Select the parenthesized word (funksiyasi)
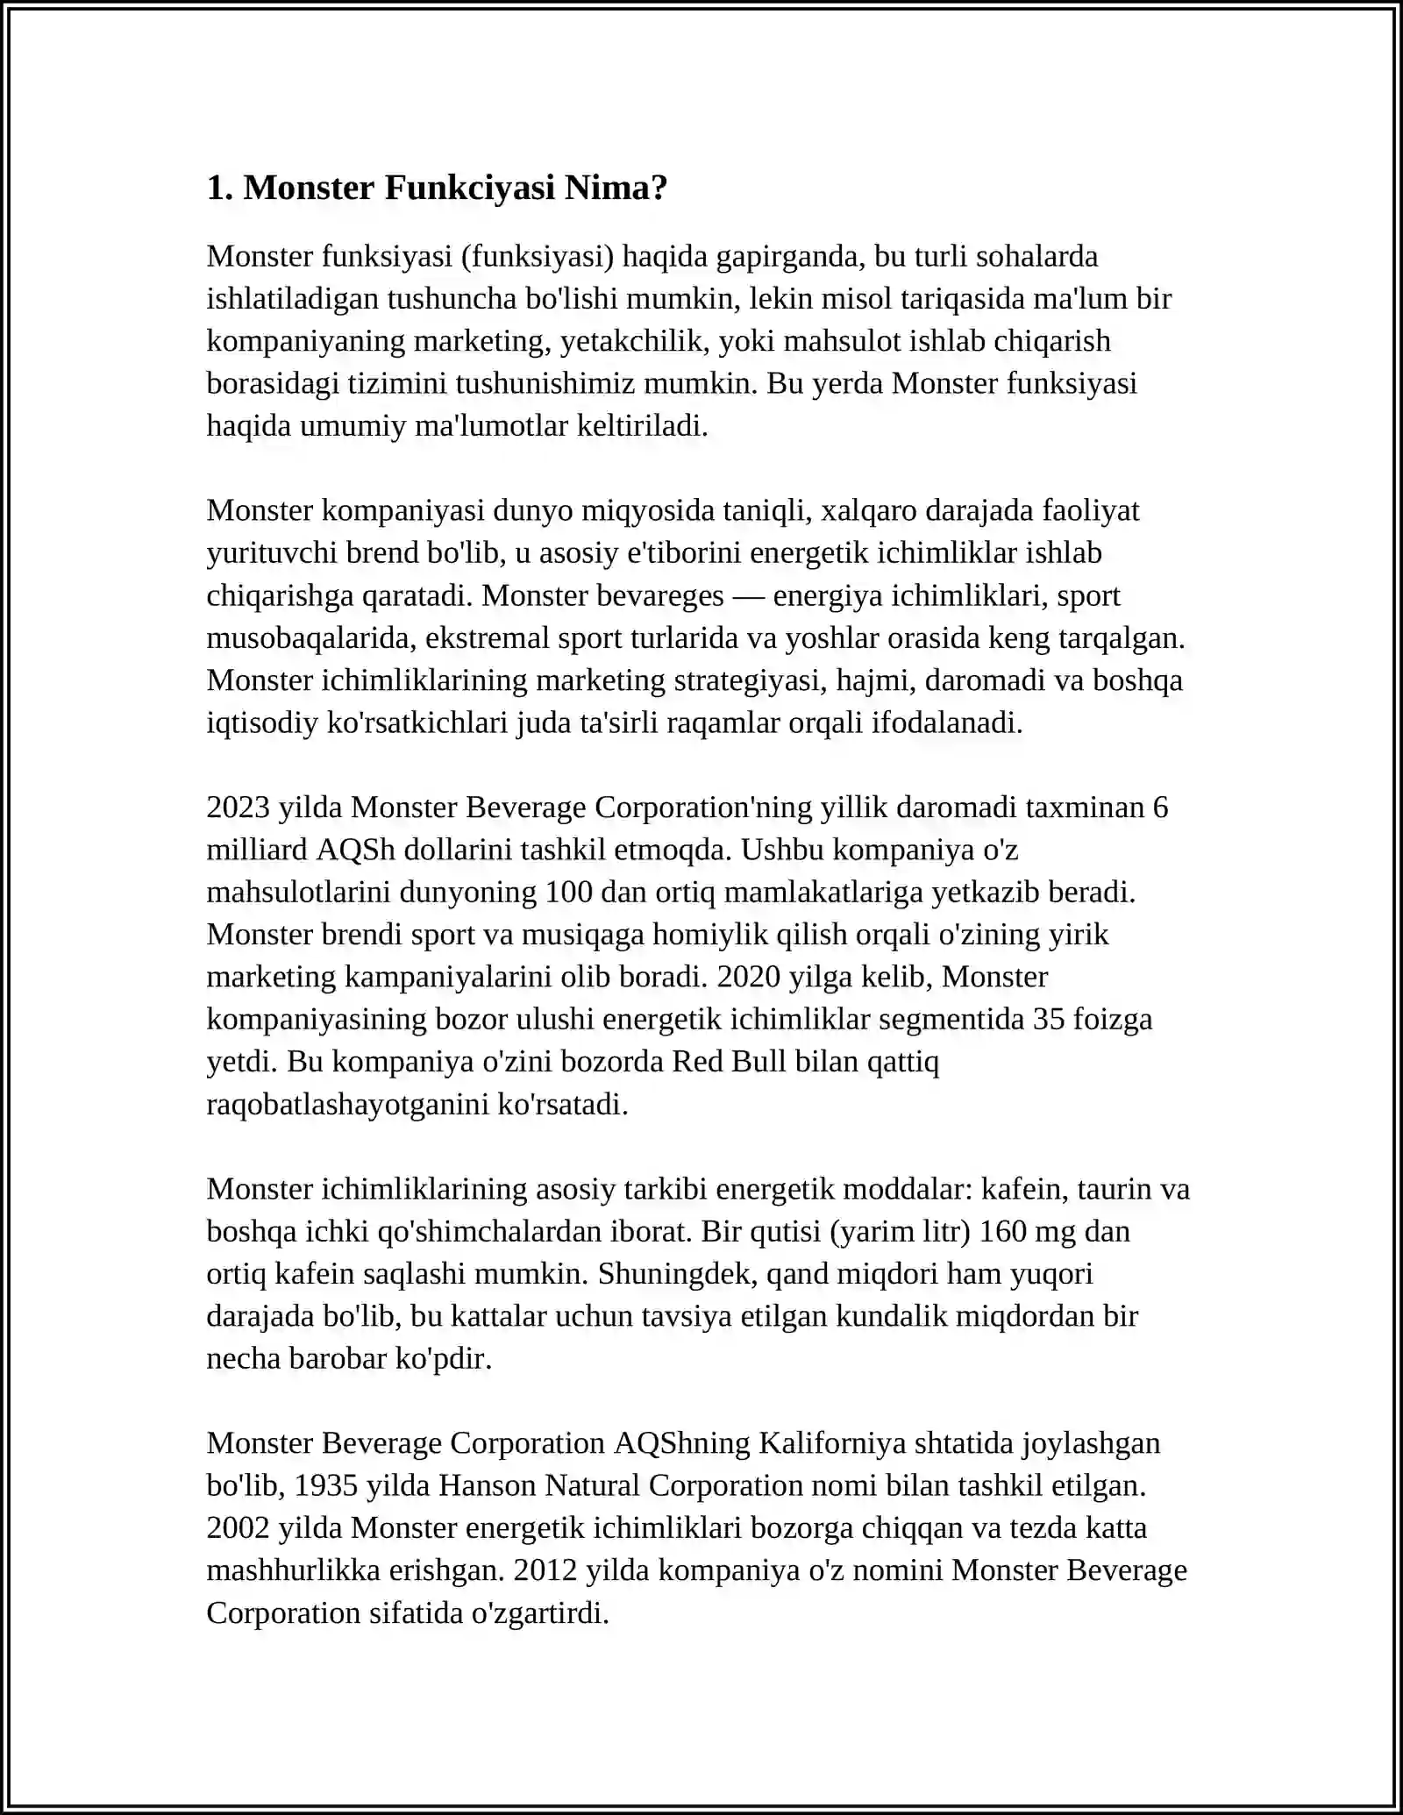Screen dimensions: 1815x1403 click(x=537, y=256)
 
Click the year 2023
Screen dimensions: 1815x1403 click(x=239, y=807)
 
